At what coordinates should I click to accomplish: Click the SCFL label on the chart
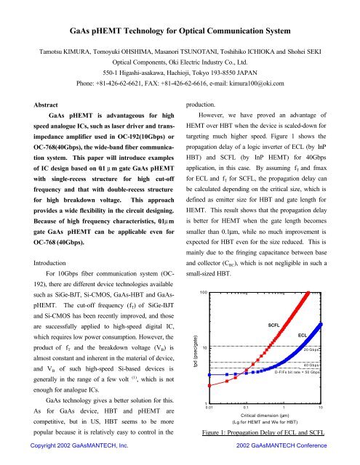tap(276, 324)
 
